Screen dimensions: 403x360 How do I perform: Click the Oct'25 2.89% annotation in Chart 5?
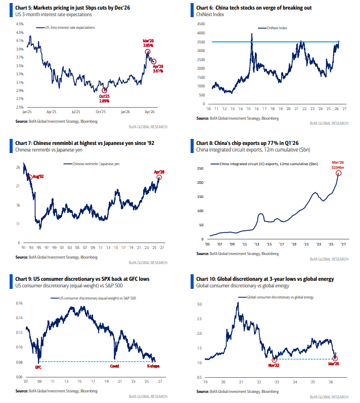click(105, 99)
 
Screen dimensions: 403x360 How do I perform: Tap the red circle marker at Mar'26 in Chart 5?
click(147, 52)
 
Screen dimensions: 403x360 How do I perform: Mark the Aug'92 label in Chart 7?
click(39, 177)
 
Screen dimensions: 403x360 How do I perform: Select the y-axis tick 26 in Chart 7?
click(18, 167)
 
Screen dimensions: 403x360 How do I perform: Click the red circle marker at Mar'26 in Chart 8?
click(338, 173)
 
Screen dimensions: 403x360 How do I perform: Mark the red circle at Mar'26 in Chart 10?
click(335, 359)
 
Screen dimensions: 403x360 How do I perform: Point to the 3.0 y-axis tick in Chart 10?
click(200, 305)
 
